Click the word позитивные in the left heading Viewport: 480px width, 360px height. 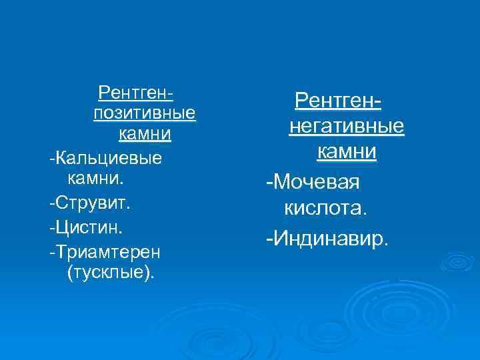tap(145, 112)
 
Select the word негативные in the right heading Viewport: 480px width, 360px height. tap(346, 126)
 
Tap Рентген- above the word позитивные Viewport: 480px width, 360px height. tap(135, 91)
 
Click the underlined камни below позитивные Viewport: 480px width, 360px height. tap(145, 134)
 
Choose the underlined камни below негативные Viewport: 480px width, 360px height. tap(346, 151)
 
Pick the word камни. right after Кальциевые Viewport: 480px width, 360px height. tap(95, 179)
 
